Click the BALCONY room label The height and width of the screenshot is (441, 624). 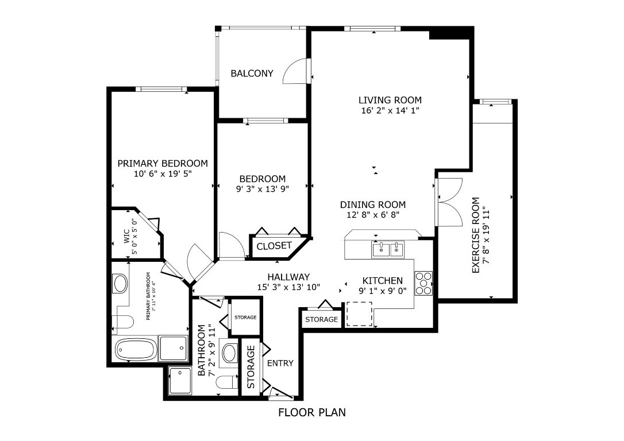point(252,73)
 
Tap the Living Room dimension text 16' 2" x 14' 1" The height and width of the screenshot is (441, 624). point(390,111)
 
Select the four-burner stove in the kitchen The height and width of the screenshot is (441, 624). point(423,283)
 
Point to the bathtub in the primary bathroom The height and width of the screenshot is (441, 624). point(136,349)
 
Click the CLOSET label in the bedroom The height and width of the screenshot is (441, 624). point(274,246)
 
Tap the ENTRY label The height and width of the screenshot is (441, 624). point(280,363)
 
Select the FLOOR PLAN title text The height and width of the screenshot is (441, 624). point(312,412)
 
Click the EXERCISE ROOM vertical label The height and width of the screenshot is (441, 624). point(476,235)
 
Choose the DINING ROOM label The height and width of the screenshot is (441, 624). point(372,204)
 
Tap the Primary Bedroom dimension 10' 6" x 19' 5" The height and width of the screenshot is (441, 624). point(163,173)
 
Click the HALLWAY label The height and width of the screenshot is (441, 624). point(288,277)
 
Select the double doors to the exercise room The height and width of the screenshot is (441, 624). point(450,202)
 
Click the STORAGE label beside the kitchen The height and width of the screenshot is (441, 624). point(321,319)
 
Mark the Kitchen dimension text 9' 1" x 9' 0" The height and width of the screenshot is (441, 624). point(382,291)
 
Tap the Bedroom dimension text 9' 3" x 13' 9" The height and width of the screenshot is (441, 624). point(262,188)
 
